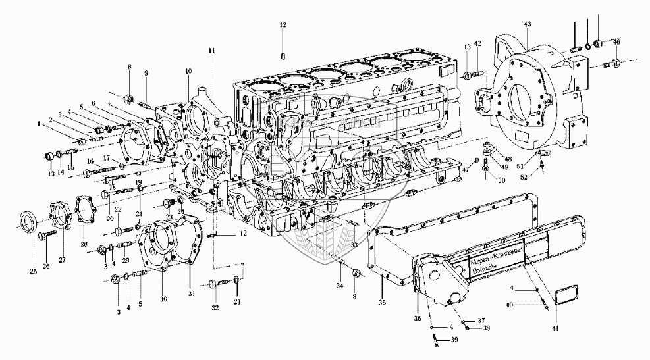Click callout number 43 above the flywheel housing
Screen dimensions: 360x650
[527, 24]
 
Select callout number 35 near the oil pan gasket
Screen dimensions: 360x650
[383, 303]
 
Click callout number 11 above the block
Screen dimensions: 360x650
[211, 51]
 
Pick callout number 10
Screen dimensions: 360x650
[188, 70]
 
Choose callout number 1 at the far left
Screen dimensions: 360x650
[39, 123]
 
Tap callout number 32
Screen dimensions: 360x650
[215, 307]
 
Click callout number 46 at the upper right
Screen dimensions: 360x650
[616, 41]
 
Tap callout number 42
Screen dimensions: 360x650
[478, 43]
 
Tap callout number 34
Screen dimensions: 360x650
[339, 286]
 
